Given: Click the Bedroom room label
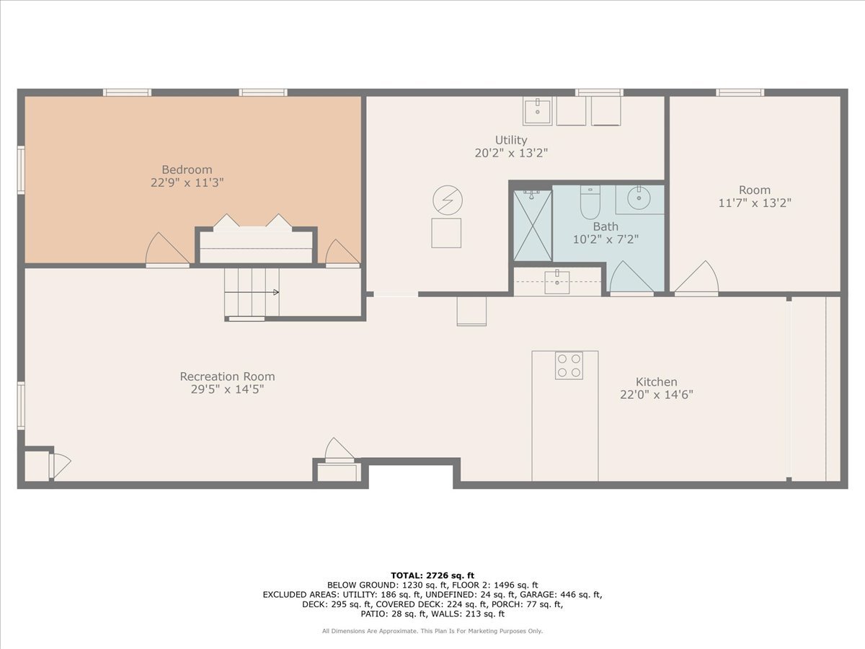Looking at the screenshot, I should pyautogui.click(x=187, y=170).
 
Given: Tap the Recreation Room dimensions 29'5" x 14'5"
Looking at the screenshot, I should pyautogui.click(x=227, y=389).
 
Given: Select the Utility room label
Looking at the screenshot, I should pyautogui.click(x=510, y=140).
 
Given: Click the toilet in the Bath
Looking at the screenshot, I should pyautogui.click(x=590, y=203).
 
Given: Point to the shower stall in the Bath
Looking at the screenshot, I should pyautogui.click(x=532, y=225).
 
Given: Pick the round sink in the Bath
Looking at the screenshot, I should pyautogui.click(x=639, y=198).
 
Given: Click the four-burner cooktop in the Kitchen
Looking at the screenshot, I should pyautogui.click(x=569, y=365).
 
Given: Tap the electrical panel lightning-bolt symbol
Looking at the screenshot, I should pyautogui.click(x=448, y=200).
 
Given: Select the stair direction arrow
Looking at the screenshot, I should pyautogui.click(x=275, y=292).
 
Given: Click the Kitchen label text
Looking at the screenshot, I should pyautogui.click(x=656, y=381).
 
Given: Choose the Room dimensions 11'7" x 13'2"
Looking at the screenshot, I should pyautogui.click(x=754, y=203).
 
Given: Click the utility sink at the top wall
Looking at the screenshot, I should pyautogui.click(x=537, y=112).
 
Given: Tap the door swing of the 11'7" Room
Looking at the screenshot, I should pyautogui.click(x=697, y=278).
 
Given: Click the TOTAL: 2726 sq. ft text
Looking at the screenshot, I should pyautogui.click(x=432, y=575).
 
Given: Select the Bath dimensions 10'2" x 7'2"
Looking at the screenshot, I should pyautogui.click(x=605, y=239).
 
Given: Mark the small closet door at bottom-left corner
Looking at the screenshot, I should pyautogui.click(x=59, y=465).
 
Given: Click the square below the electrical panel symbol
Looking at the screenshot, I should pyautogui.click(x=446, y=233).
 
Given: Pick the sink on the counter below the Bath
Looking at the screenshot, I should pyautogui.click(x=556, y=281).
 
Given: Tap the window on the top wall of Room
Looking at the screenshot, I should pyautogui.click(x=739, y=92).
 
